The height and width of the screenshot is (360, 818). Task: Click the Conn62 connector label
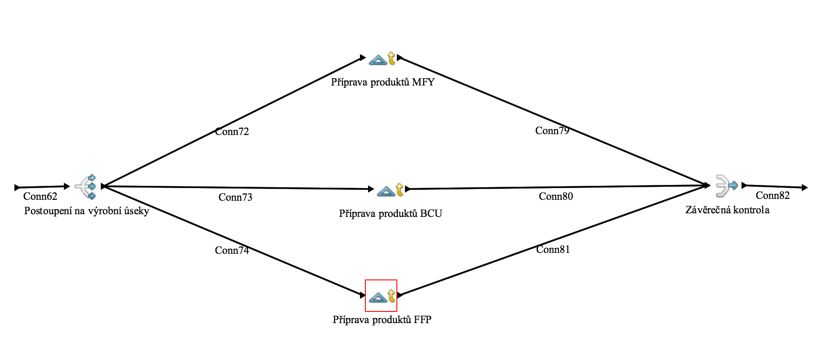point(40,196)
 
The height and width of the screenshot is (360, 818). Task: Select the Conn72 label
point(232,131)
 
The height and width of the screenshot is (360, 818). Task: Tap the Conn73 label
point(235,197)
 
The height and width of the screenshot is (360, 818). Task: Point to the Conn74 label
point(232,250)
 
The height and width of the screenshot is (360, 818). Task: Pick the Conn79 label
point(552,130)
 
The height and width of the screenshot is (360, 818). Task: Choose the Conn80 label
point(556,196)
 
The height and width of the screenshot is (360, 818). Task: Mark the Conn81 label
point(553,249)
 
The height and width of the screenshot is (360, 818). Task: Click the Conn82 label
point(773,195)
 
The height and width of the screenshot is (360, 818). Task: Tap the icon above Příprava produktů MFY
point(382,58)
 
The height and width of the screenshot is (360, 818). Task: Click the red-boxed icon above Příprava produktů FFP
point(381,296)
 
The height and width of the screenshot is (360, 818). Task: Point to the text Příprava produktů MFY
point(382,82)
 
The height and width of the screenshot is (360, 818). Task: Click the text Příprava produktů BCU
point(390,213)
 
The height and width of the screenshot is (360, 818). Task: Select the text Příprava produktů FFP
point(382,319)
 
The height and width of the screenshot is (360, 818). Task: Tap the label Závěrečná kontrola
point(727,210)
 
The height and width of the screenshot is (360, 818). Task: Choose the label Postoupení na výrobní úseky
point(86,211)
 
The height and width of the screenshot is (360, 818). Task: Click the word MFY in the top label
point(423,82)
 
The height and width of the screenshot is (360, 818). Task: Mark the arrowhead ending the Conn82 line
point(805,187)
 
